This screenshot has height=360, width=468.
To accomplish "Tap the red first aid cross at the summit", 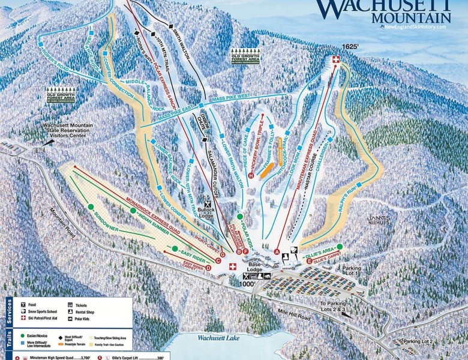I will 335,59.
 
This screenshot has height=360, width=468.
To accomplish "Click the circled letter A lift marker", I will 277,252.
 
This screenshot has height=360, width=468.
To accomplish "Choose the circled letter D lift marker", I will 208,268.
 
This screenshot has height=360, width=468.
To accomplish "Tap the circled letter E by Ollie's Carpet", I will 309,262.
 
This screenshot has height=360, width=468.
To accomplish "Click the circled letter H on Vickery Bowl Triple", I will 250,175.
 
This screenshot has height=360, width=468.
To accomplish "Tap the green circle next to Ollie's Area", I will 340,246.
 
